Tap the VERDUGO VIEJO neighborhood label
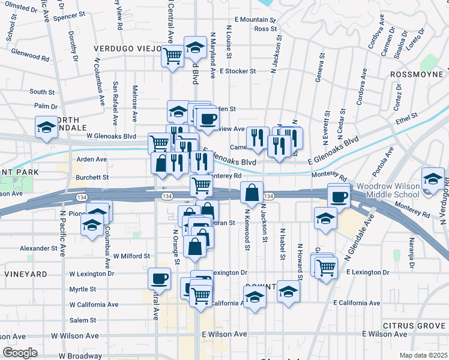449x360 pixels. tap(127, 48)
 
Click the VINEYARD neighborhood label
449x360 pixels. tap(25, 274)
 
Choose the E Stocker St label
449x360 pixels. tap(237, 71)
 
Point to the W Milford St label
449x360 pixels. tap(130, 256)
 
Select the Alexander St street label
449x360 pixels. tap(38, 248)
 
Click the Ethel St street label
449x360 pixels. tap(406, 115)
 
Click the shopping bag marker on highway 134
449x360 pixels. tap(253, 193)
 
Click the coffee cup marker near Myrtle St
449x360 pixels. tap(160, 278)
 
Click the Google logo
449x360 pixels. tap(20, 353)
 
